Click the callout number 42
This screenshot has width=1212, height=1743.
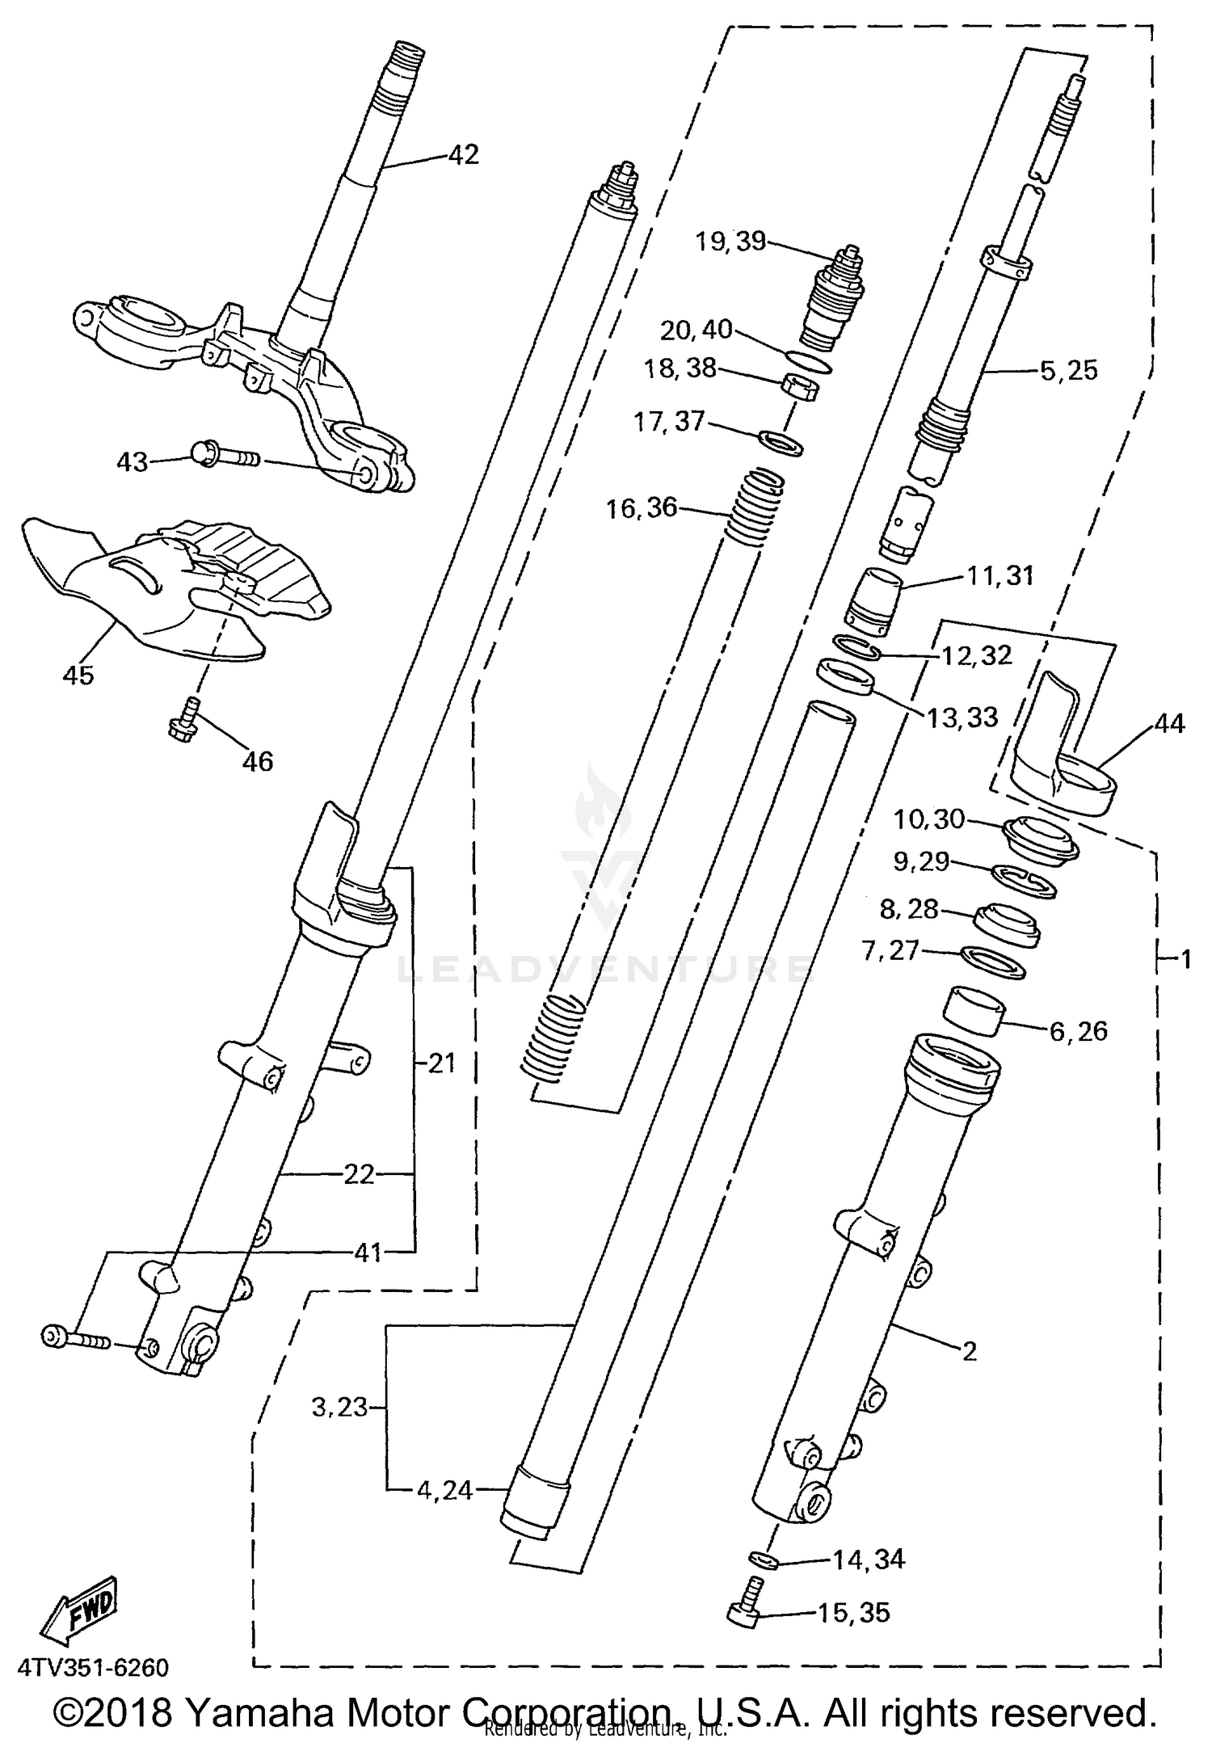point(463,154)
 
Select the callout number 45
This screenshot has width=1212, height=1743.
point(78,674)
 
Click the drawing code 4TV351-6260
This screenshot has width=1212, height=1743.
point(93,1667)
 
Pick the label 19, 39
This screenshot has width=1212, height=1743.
point(730,241)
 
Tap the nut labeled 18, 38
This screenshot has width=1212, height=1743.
point(801,387)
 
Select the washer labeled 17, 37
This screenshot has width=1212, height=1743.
point(781,442)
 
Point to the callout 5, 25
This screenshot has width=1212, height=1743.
point(1068,370)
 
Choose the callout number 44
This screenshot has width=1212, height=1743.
point(1169,723)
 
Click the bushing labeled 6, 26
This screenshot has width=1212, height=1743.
point(974,1008)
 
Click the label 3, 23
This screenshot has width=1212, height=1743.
point(339,1407)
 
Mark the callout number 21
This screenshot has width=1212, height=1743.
point(441,1063)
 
